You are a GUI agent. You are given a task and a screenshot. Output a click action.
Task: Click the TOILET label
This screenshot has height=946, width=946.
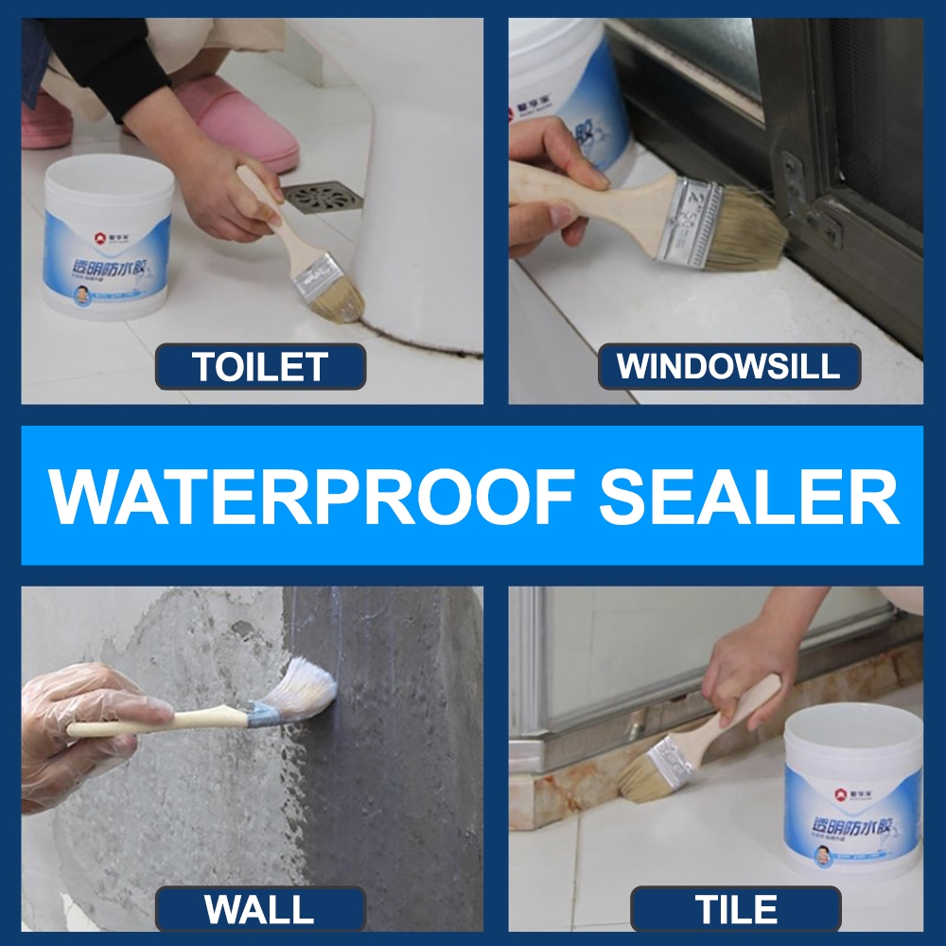click(x=260, y=366)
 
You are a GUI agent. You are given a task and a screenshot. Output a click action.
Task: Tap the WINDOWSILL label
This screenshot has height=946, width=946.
click(x=728, y=366)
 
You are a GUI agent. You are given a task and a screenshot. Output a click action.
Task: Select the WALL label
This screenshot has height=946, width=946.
click(x=260, y=910)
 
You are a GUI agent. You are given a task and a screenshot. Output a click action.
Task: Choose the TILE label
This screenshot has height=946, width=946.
click(x=736, y=910)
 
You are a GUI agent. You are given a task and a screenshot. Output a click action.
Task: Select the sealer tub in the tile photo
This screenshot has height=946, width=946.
click(x=851, y=795)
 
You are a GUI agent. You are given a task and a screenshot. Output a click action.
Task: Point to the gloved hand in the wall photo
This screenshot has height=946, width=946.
click(x=76, y=728)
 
